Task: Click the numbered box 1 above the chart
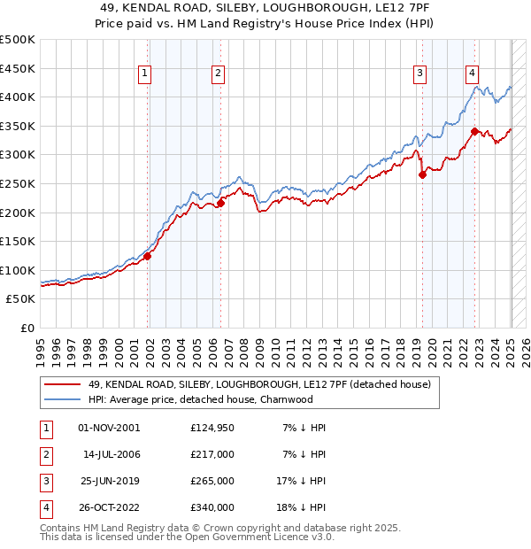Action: (x=143, y=74)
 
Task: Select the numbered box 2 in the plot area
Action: (x=217, y=74)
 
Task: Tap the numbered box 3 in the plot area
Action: (x=419, y=74)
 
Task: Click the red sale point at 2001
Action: (x=148, y=256)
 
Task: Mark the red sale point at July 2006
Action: (x=221, y=203)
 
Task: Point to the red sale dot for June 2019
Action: (x=422, y=174)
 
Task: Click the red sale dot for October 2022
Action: (x=475, y=131)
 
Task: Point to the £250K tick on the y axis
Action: (x=19, y=183)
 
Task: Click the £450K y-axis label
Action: (x=19, y=68)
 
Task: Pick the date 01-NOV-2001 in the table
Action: (x=109, y=428)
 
